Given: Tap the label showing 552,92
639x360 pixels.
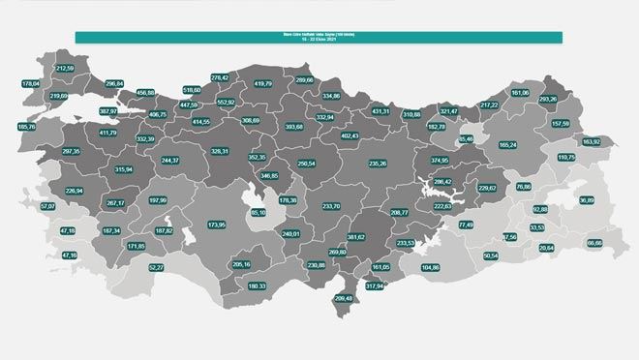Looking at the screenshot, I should pyautogui.click(x=226, y=102).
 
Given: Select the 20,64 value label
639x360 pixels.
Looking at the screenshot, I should pyautogui.click(x=546, y=249).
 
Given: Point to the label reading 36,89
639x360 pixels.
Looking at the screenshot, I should pyautogui.click(x=587, y=200).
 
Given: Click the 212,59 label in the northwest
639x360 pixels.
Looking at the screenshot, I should pyautogui.click(x=65, y=69).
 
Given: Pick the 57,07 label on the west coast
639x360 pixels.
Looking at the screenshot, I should pyautogui.click(x=48, y=207).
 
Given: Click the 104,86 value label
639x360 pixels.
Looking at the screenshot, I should pyautogui.click(x=430, y=267).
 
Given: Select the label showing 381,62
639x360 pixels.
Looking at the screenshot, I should pyautogui.click(x=356, y=236).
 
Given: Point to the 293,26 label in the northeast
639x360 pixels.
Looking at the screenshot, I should pyautogui.click(x=548, y=100).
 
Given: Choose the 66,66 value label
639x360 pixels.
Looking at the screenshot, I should pyautogui.click(x=595, y=243).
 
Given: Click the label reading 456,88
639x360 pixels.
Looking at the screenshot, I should pyautogui.click(x=146, y=92).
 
